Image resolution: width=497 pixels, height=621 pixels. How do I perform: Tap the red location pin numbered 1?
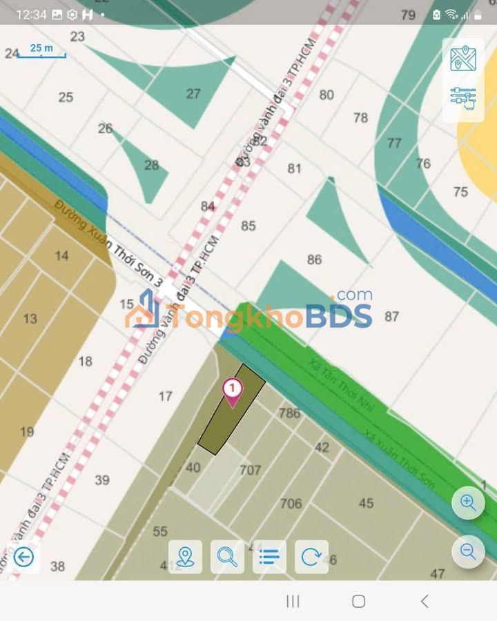click(233, 391)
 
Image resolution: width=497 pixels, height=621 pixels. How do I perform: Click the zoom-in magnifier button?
click(468, 503)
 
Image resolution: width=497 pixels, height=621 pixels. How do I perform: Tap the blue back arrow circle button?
click(23, 556)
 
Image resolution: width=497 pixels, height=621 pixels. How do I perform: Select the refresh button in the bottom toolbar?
click(311, 556)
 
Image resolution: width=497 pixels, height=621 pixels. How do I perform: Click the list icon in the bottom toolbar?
click(269, 556)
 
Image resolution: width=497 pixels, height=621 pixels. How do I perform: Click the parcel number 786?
click(289, 413)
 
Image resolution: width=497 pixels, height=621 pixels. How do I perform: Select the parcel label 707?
click(250, 470)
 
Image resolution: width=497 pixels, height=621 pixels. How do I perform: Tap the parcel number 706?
click(291, 504)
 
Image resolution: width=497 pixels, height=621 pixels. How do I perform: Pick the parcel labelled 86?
click(314, 259)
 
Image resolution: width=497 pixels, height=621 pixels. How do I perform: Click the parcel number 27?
click(193, 94)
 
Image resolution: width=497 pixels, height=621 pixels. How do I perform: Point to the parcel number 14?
click(62, 256)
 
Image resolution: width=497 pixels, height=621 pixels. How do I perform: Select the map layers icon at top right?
click(463, 59)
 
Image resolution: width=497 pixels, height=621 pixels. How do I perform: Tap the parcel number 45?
click(366, 503)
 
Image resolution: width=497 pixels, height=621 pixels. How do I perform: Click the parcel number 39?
click(102, 480)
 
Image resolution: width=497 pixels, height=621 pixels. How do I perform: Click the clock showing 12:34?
click(30, 14)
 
